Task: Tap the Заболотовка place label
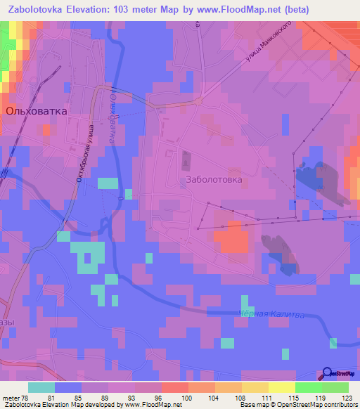point(214,180)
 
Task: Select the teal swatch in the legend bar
point(41,387)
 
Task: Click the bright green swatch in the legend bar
point(309,387)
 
